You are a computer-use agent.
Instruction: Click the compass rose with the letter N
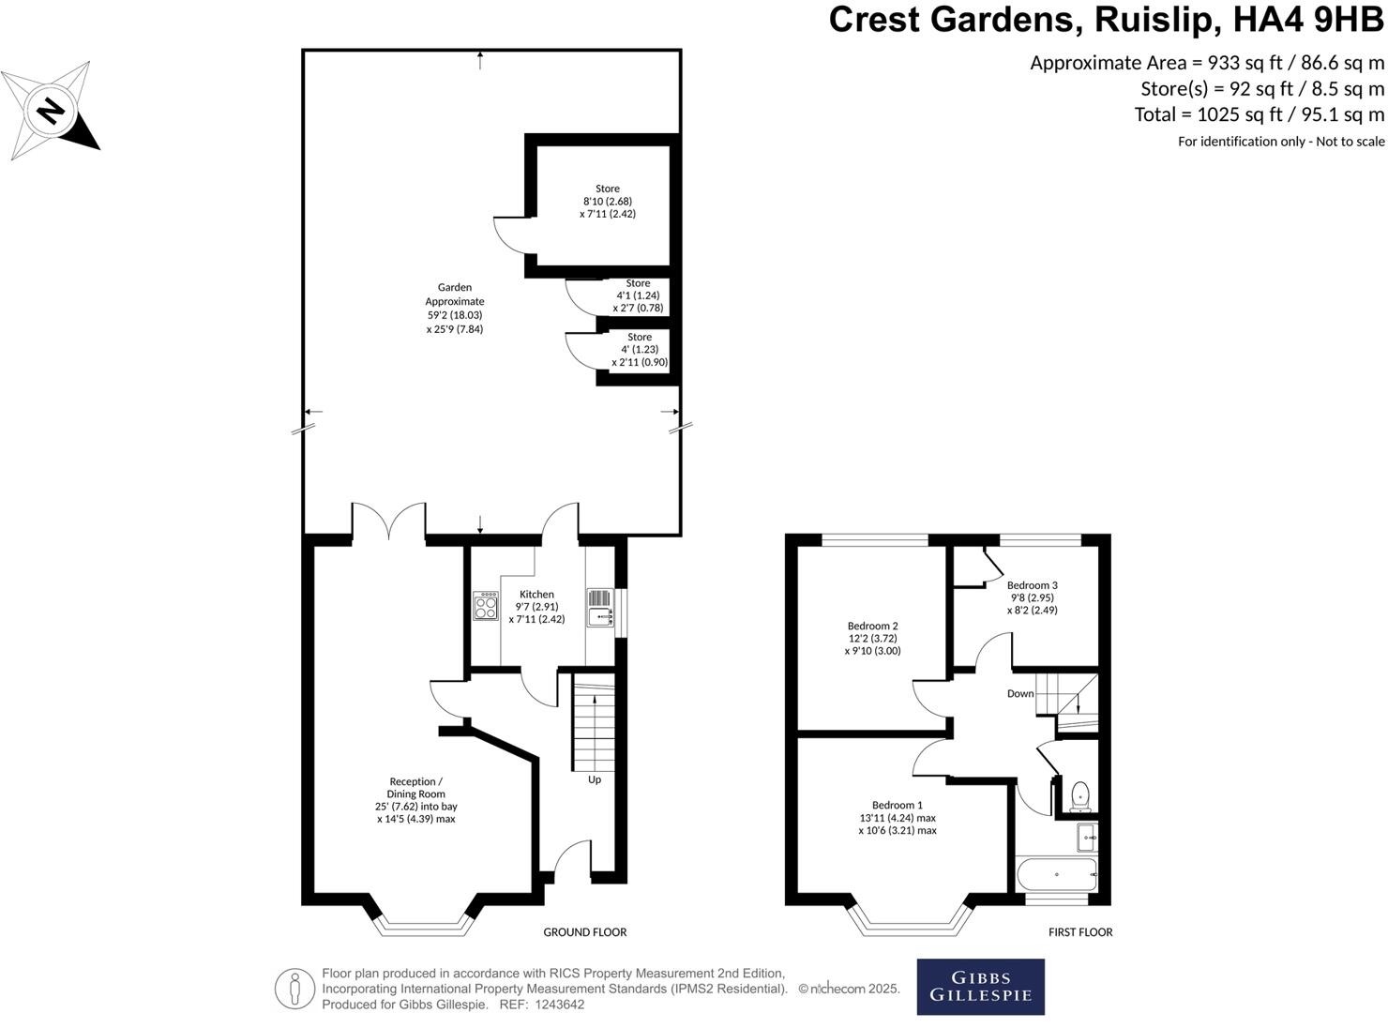[52, 111]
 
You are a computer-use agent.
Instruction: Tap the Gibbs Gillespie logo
[980, 986]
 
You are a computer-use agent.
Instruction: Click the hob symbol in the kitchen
[486, 605]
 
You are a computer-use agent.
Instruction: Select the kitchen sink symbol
[599, 616]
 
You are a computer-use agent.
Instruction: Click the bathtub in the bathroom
[1057, 874]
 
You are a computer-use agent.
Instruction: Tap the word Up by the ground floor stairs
[594, 779]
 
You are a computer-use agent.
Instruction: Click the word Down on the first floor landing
[1019, 694]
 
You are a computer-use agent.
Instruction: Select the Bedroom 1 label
[897, 805]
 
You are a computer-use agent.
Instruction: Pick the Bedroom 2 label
[872, 626]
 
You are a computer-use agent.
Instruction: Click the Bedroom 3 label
[1032, 585]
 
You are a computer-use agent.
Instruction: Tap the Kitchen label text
[536, 594]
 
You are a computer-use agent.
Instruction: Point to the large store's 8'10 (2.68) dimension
[607, 201]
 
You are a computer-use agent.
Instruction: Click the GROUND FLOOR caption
[584, 932]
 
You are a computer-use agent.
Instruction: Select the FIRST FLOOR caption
[1080, 932]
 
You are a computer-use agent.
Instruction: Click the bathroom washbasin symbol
[1086, 836]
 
